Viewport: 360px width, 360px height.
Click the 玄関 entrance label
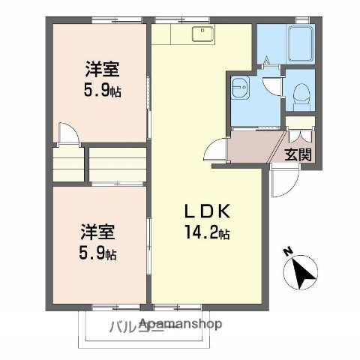298,156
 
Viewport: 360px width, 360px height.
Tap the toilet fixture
302,92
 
